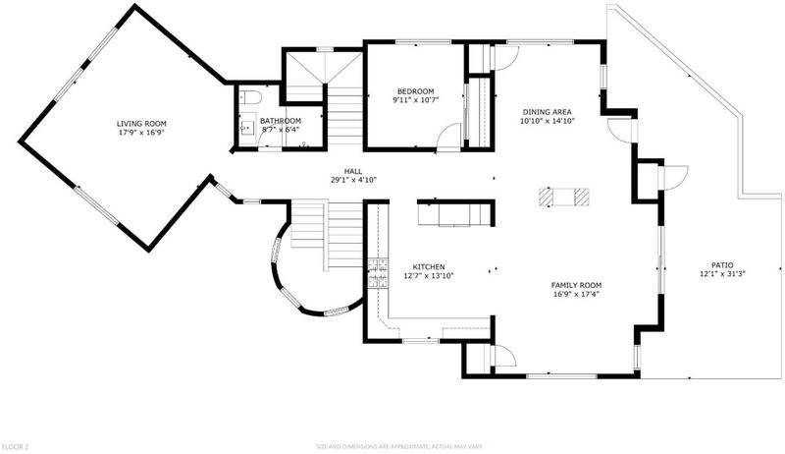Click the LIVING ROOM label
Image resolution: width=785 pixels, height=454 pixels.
[x=141, y=124]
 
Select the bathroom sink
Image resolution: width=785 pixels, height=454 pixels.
[x=247, y=128]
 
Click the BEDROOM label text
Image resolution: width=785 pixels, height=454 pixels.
[x=415, y=91]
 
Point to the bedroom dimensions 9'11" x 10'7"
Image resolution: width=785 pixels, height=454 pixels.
[x=415, y=100]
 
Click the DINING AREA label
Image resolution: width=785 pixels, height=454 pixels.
[x=548, y=112]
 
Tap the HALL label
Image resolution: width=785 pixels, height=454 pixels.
[x=353, y=171]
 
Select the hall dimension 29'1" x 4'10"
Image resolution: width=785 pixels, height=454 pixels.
[x=353, y=180]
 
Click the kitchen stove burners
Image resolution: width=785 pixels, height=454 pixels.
[x=378, y=273]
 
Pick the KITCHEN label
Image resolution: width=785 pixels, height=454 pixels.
[x=429, y=267]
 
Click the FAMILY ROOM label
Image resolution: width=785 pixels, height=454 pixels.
[x=576, y=286]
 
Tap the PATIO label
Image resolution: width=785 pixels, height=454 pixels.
[x=722, y=265]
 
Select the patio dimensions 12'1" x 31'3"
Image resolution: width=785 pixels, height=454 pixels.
[x=722, y=274]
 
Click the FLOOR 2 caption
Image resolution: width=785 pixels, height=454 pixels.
[x=16, y=446]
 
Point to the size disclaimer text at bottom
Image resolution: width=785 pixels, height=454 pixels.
[x=398, y=446]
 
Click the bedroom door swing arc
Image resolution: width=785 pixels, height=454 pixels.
[x=447, y=132]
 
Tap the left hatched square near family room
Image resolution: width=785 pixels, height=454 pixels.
[x=546, y=197]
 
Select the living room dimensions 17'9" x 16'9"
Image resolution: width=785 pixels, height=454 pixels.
[x=141, y=133]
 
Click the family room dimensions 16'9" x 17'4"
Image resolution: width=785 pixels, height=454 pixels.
[x=576, y=294]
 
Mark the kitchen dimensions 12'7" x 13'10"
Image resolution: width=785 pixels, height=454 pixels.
[x=429, y=275]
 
